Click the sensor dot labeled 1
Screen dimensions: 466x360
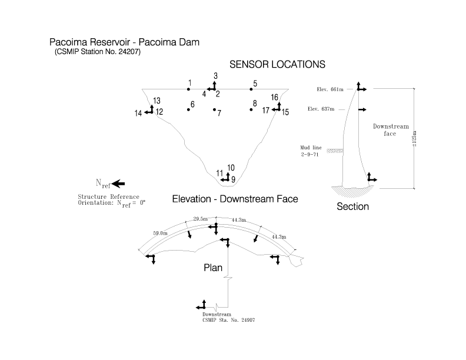(188, 89)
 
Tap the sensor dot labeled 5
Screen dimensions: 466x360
(251, 89)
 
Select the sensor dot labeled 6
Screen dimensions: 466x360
(188, 109)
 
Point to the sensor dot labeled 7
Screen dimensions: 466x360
(214, 109)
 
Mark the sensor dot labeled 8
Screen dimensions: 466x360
(251, 109)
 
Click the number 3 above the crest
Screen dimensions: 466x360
(216, 76)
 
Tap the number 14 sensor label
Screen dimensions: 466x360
(138, 113)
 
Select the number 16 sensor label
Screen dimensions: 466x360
(274, 97)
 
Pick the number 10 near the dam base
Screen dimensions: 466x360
(231, 168)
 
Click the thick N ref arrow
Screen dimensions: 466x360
(119, 184)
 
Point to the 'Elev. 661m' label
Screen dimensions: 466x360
(330, 89)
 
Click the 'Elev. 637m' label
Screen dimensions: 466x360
(321, 109)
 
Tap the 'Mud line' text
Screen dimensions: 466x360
(311, 148)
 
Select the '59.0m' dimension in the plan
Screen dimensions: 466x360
(160, 233)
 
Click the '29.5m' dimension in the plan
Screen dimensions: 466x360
(200, 219)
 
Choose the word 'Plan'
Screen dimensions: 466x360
(213, 268)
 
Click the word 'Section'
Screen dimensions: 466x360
(353, 206)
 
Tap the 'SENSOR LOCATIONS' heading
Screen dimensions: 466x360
(277, 65)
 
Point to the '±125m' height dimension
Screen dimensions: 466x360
(415, 139)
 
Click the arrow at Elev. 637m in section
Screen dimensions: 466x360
(362, 109)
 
